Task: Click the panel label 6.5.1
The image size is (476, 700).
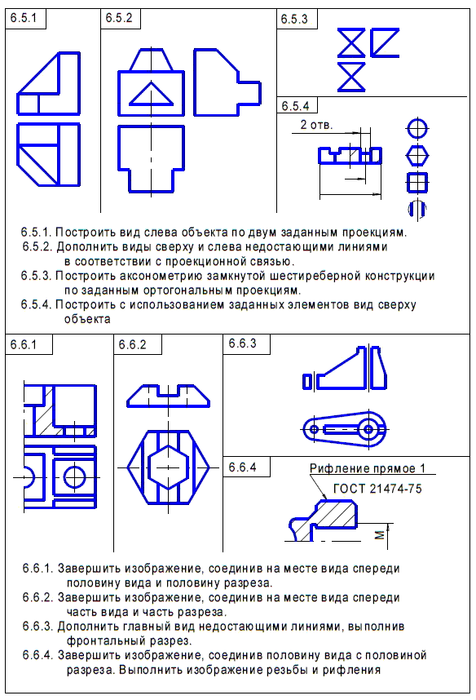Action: [23, 18]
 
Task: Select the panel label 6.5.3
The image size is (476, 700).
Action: [294, 20]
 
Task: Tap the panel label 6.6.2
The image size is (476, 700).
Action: [132, 344]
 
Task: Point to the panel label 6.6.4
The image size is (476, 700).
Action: [242, 467]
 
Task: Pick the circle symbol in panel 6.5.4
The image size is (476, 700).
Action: [417, 130]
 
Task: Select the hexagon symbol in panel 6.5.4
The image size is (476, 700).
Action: [417, 156]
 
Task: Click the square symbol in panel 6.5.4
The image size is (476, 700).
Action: [417, 182]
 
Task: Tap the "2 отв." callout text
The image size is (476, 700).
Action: [316, 125]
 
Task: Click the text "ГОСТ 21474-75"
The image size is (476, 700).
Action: [377, 489]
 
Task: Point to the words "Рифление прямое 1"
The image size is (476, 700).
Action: [367, 468]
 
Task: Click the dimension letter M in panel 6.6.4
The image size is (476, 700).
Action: [380, 535]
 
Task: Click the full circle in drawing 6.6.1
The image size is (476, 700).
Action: [74, 476]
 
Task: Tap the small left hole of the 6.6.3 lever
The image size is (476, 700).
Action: [314, 429]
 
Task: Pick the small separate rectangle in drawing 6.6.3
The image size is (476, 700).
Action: [307, 382]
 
